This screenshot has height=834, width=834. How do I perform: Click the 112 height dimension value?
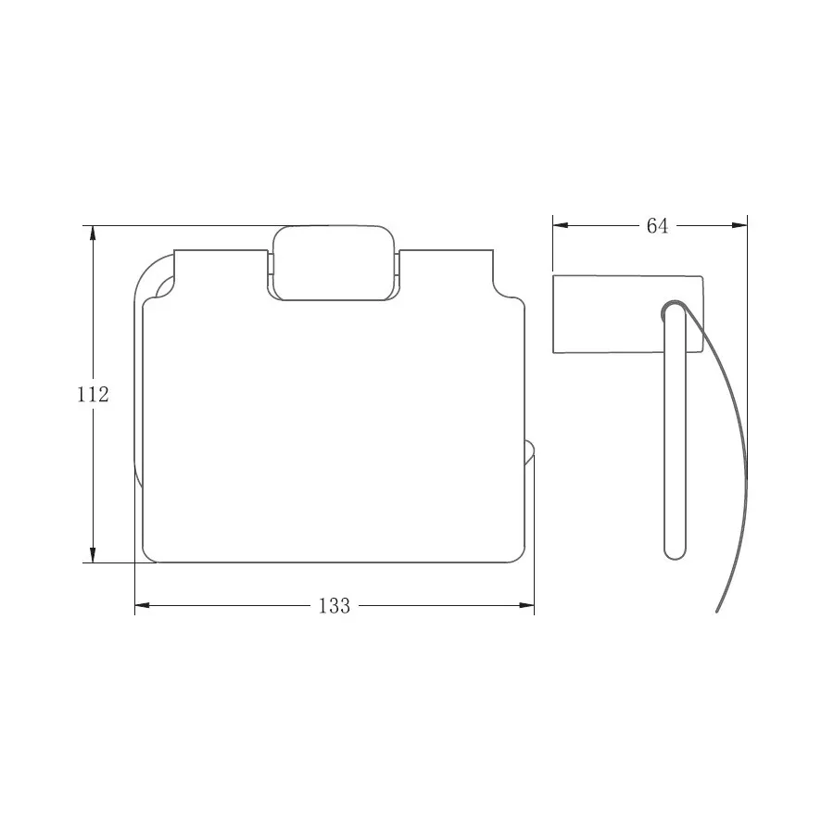[x=93, y=394]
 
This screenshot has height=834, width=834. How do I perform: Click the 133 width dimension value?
[x=335, y=605]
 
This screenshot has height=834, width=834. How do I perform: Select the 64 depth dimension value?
[x=657, y=226]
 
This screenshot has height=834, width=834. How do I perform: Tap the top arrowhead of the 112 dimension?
[x=93, y=234]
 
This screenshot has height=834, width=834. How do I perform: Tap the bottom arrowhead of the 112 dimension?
[x=93, y=555]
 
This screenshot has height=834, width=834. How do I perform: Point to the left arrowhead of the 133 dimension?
[x=143, y=605]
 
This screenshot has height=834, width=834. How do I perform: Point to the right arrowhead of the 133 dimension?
[x=526, y=605]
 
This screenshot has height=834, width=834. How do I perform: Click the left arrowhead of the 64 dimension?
[x=561, y=225]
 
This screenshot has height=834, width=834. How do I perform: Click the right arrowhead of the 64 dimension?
[x=739, y=225]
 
